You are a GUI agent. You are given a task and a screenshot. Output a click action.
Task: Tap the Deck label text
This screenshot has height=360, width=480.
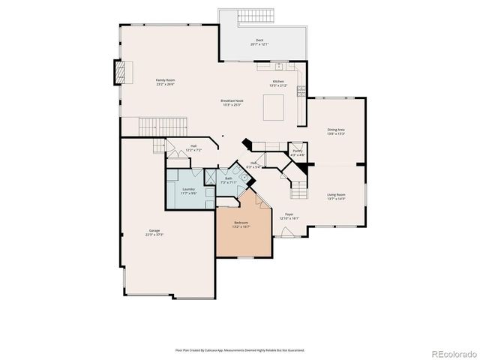pos(259,43)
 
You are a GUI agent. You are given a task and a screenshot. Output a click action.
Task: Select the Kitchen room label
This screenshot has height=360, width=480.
pos(278,82)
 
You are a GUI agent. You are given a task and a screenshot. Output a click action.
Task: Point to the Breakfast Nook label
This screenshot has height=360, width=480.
pos(232,102)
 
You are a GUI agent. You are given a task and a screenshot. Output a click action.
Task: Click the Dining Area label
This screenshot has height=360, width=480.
pos(335,132)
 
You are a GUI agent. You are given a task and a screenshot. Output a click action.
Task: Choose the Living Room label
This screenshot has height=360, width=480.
pos(335,196)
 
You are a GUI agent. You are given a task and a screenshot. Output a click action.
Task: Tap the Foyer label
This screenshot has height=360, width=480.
pos(289,216)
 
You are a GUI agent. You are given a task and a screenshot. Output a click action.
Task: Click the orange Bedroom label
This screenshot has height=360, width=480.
pos(241,224)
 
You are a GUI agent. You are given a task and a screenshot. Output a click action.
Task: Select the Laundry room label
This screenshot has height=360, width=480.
pos(188,190)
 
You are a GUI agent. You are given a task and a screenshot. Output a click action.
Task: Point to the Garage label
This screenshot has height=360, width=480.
pos(154,232)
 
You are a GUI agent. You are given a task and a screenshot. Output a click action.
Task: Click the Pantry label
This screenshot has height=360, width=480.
pos(298,153)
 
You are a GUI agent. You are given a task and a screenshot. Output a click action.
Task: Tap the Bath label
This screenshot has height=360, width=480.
pos(229,180)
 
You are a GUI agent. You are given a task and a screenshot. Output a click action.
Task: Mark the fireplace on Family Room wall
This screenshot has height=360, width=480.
pos(120,71)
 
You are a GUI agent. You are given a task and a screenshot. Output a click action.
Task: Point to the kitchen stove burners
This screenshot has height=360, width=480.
pos(302,91)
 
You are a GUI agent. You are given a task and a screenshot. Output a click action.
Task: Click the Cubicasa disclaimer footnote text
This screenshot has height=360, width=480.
pos(240,349)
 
